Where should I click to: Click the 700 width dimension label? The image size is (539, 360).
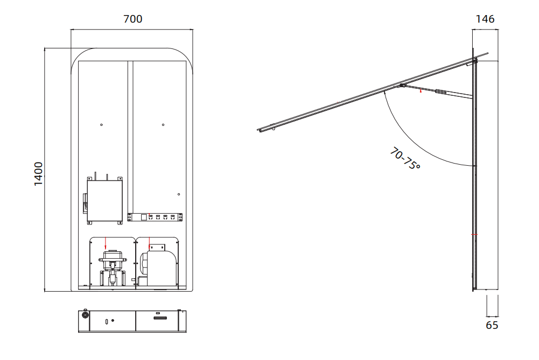[x=132, y=19]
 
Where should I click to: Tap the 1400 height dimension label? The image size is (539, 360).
[x=39, y=174]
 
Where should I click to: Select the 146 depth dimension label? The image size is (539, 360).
[x=485, y=19]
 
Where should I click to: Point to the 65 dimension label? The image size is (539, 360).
[x=492, y=325]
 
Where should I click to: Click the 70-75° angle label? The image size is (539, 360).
[x=405, y=158]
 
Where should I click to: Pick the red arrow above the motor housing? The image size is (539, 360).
[x=149, y=243]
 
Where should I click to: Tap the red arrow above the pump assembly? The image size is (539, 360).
[x=106, y=243]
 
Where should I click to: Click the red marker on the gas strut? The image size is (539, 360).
[x=421, y=91]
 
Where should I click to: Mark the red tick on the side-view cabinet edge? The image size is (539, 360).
[x=474, y=235]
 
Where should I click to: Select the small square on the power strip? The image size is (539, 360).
[x=144, y=217]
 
